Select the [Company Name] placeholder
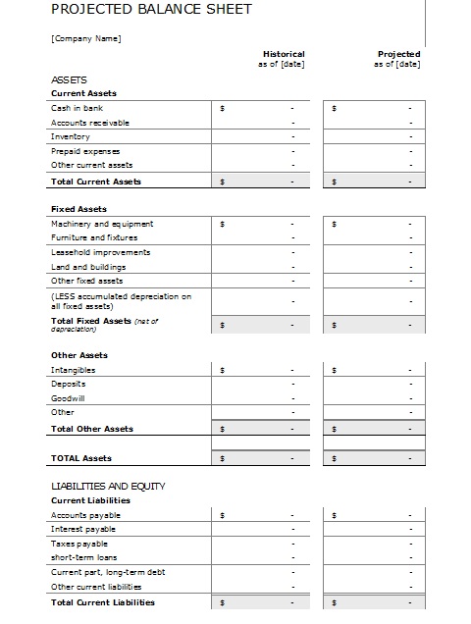[86, 38]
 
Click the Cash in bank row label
[77, 108]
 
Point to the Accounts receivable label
[89, 123]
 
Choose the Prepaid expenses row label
[84, 151]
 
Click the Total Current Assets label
[95, 182]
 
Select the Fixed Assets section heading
[78, 209]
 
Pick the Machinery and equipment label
[101, 224]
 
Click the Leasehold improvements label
[100, 252]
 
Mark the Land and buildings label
[87, 267]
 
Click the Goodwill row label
[69, 398]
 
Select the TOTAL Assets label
[80, 458]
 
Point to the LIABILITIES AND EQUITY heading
[108, 486]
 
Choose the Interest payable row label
[82, 529]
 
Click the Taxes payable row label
[78, 544]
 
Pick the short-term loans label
[82, 557]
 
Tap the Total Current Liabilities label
[102, 601]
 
